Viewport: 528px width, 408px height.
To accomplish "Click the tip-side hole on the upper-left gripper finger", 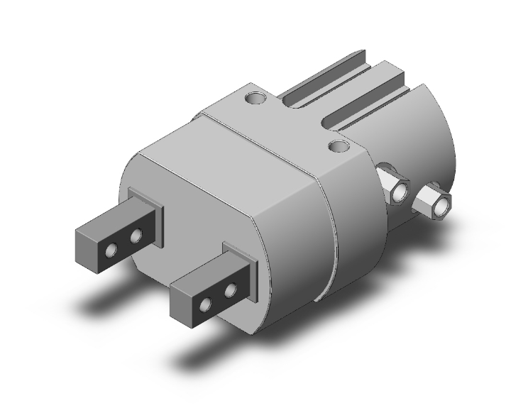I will click(111, 250).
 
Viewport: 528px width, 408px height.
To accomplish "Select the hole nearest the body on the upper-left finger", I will click(135, 234).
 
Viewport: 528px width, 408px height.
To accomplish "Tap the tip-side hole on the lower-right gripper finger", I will click(206, 306).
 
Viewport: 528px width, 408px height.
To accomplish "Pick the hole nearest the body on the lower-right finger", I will click(230, 291).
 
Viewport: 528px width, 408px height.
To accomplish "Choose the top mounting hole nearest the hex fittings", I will click(340, 146).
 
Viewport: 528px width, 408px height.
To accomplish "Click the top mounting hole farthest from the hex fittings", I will click(253, 97).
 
